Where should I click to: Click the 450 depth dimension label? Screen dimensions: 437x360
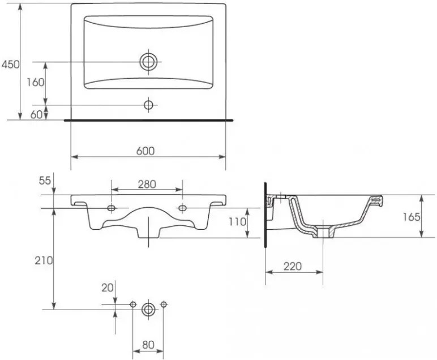(x=11, y=65)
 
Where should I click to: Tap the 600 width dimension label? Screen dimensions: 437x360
(x=145, y=151)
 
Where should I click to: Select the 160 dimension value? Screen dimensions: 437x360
(x=36, y=82)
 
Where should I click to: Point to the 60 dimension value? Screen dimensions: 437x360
(x=36, y=114)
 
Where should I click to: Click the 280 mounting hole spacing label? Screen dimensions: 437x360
(x=147, y=184)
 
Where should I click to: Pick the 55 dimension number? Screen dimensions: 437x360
(x=45, y=181)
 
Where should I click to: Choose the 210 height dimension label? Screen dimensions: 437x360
(x=44, y=260)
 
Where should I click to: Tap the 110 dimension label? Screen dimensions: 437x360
(x=237, y=222)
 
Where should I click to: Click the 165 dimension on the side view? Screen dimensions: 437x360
(x=412, y=217)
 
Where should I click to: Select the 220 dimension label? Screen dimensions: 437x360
(x=293, y=267)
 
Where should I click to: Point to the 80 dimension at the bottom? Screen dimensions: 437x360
(x=148, y=345)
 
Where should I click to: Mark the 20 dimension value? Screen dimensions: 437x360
(x=108, y=288)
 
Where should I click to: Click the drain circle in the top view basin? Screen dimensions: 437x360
(x=148, y=62)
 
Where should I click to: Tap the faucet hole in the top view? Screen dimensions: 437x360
(x=148, y=105)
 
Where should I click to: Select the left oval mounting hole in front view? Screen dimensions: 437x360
(x=111, y=208)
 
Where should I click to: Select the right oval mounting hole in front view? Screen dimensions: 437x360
(x=182, y=208)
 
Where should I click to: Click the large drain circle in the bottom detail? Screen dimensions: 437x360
(x=148, y=309)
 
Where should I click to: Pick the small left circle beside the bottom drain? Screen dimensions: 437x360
(x=133, y=305)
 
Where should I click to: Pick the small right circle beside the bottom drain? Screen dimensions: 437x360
(x=164, y=305)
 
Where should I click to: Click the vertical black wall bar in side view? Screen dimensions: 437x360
(x=265, y=215)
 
